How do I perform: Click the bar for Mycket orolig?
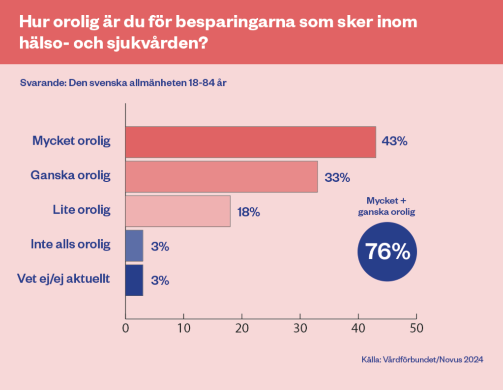pos(250,142)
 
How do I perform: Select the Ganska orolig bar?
pos(221,176)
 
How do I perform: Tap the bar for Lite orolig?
pos(178,211)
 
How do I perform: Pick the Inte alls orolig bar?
pos(134,246)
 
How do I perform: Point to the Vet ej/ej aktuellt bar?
pos(134,280)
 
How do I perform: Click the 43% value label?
pos(395,142)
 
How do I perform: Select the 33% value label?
pos(337,177)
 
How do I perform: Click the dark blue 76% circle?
pos(387,251)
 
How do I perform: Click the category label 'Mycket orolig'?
pos(72,141)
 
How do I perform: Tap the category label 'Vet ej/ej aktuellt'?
pos(63,279)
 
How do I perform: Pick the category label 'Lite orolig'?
pos(82,210)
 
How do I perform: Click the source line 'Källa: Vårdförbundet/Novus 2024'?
pos(422,360)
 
